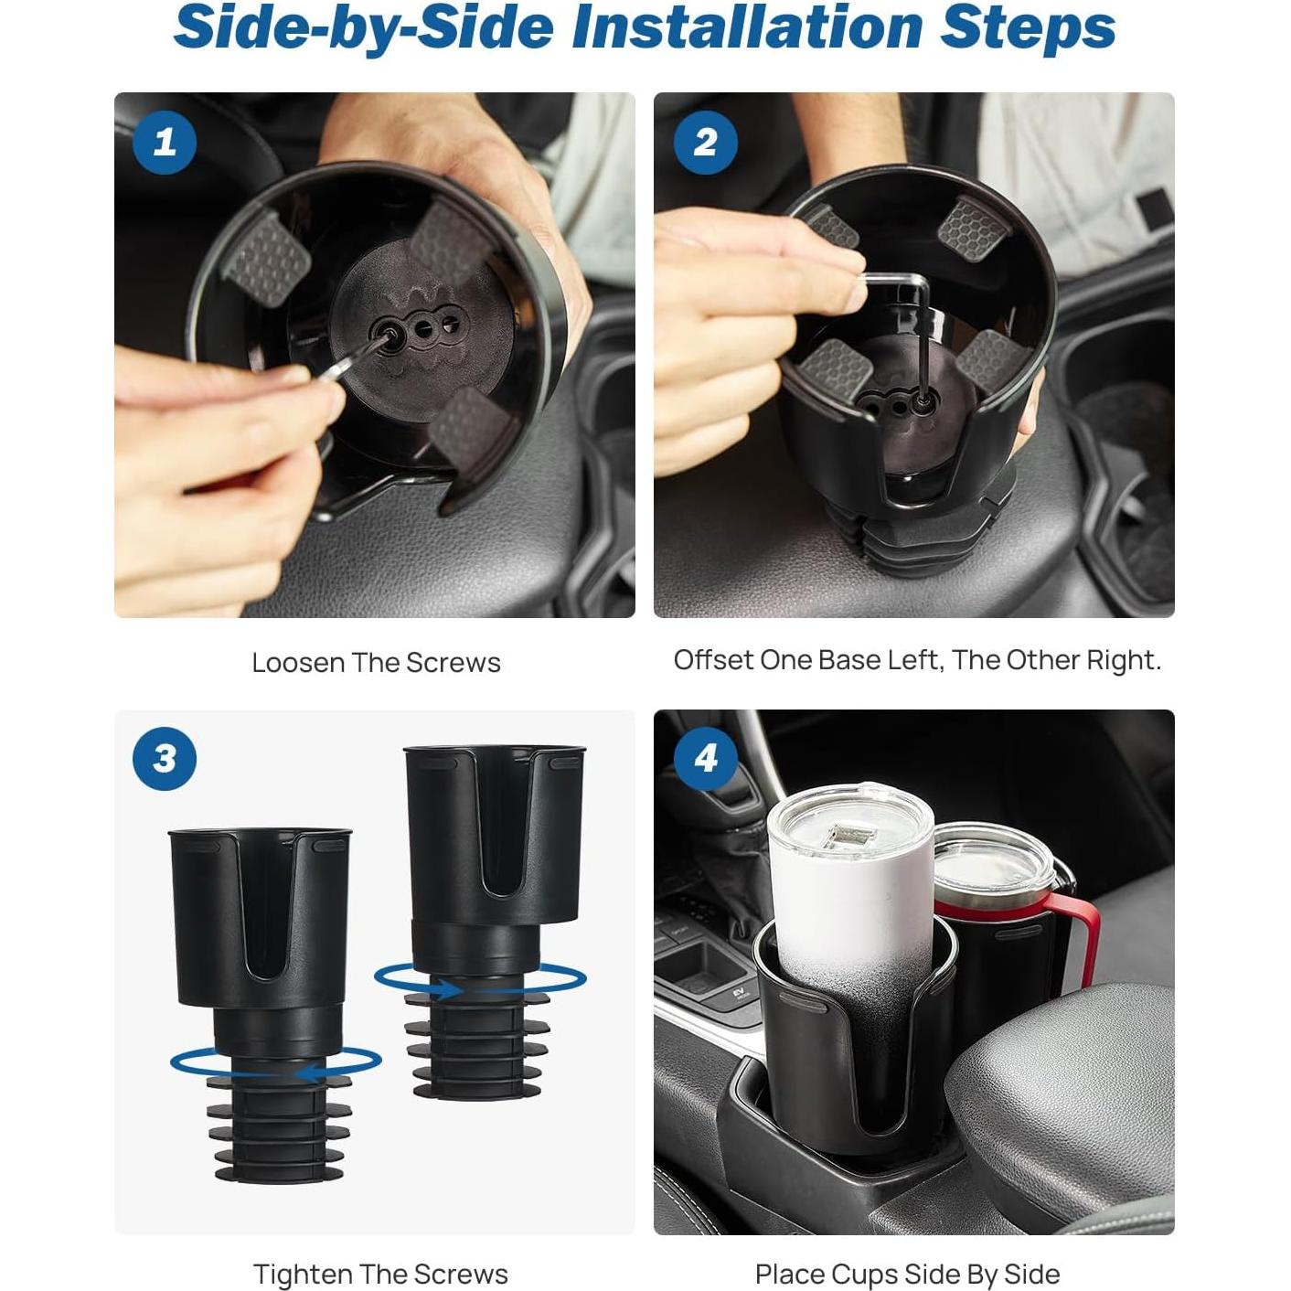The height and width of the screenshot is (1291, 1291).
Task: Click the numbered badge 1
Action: click(x=165, y=142)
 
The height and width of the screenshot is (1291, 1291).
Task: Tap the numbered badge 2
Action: click(x=705, y=142)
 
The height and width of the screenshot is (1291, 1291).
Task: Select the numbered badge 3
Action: click(x=165, y=758)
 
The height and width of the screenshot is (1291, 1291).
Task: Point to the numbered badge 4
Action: click(x=705, y=758)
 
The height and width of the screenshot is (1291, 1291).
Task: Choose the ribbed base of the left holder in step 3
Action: click(x=279, y=1129)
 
